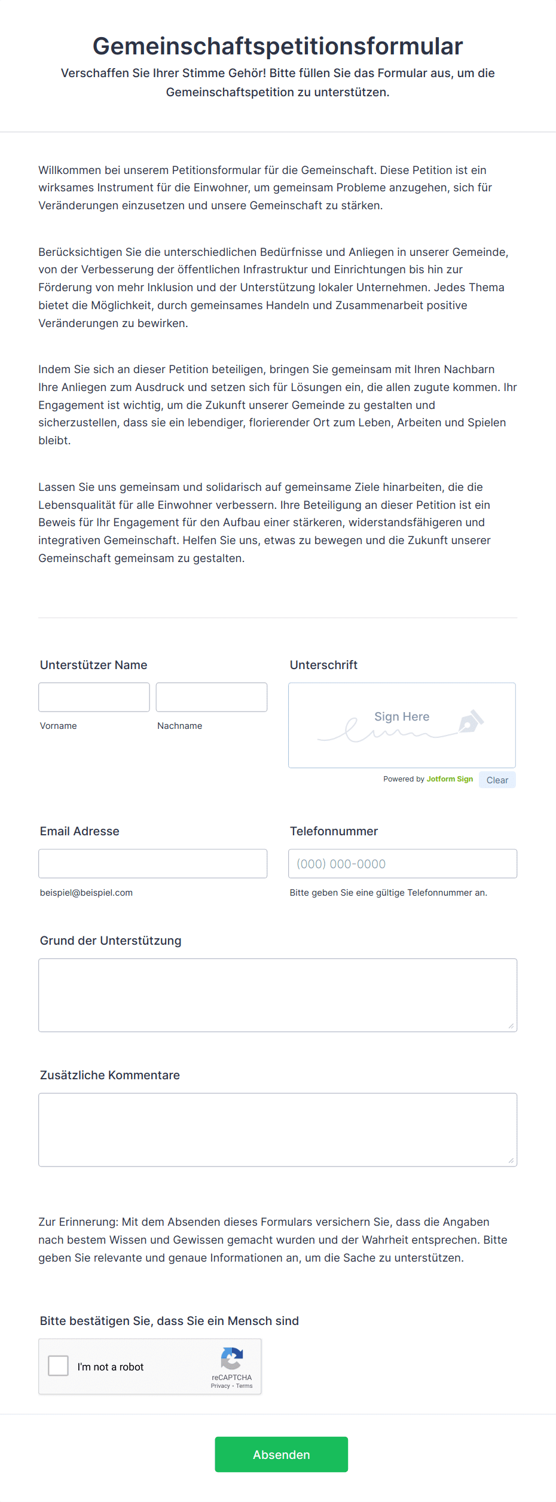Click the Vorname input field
(x=94, y=697)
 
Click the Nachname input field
(x=211, y=697)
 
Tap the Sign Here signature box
(x=402, y=725)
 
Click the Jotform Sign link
(x=450, y=779)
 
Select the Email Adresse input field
(x=152, y=863)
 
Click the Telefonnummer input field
(x=402, y=863)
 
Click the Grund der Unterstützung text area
(x=277, y=995)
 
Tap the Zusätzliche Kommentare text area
(x=277, y=1129)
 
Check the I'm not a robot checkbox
(x=59, y=1366)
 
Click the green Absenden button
(x=281, y=1454)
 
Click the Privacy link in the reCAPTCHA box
(x=220, y=1386)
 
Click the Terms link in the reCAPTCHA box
(x=244, y=1386)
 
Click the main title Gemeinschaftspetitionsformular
(x=277, y=46)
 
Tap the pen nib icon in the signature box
(x=471, y=721)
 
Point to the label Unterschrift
(x=323, y=665)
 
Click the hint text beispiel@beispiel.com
(x=86, y=893)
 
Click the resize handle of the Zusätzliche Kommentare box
(x=511, y=1161)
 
